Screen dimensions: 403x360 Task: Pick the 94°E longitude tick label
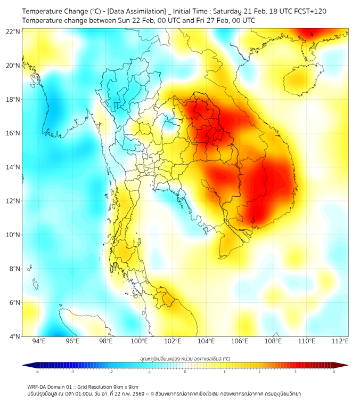(39, 341)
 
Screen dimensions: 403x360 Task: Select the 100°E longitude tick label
(139, 341)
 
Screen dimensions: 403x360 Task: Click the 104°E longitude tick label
(206, 341)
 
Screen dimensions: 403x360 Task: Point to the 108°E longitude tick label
(273, 341)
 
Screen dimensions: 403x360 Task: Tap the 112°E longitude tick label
(340, 341)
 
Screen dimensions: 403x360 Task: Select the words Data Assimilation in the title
(137, 11)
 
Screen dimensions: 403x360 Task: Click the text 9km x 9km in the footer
(126, 386)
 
